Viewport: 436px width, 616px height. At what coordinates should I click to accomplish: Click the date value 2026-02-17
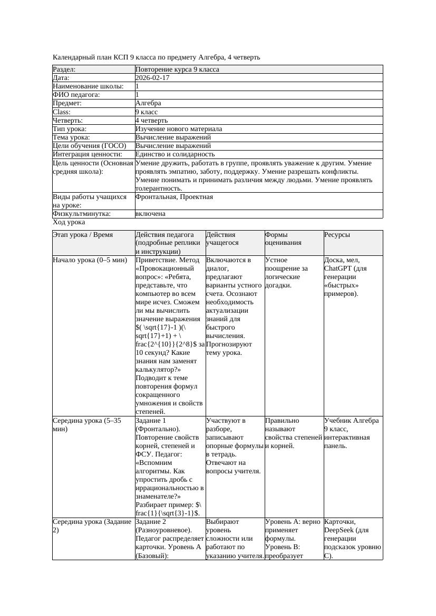152,78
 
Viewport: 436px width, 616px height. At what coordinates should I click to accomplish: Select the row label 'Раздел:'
64,69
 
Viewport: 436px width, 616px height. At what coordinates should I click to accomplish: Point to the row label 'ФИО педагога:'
76,95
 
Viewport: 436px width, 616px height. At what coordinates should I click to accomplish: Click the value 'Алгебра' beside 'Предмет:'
148,103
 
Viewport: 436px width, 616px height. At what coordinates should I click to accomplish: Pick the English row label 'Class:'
62,112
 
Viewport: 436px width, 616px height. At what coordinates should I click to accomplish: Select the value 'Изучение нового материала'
179,128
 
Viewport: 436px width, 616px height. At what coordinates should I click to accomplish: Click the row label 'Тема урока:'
71,137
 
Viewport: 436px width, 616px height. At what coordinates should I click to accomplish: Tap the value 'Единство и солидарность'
175,154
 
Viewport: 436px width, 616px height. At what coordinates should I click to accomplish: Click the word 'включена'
150,214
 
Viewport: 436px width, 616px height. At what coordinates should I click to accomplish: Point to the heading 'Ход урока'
69,222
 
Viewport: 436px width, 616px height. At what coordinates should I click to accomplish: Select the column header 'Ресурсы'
337,235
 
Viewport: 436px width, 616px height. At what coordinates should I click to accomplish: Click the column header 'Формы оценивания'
284,239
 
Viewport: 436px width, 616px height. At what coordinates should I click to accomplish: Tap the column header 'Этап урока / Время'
83,235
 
